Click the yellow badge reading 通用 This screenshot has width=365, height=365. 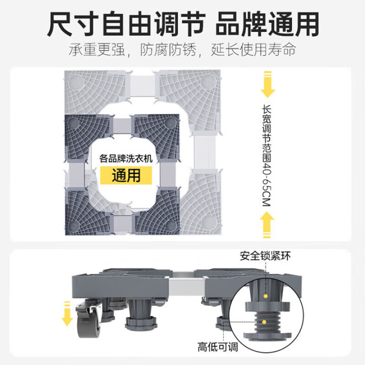click(x=126, y=174)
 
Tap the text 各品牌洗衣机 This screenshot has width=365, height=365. click(x=126, y=159)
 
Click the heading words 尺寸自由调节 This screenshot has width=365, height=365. click(x=123, y=24)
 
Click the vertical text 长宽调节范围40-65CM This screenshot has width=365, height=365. click(x=267, y=155)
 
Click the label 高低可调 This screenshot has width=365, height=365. click(x=218, y=347)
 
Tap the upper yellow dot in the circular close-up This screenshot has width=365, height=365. click(x=265, y=296)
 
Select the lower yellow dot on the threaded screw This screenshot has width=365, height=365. click(x=265, y=321)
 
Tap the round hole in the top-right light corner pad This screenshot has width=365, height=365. click(x=205, y=80)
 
